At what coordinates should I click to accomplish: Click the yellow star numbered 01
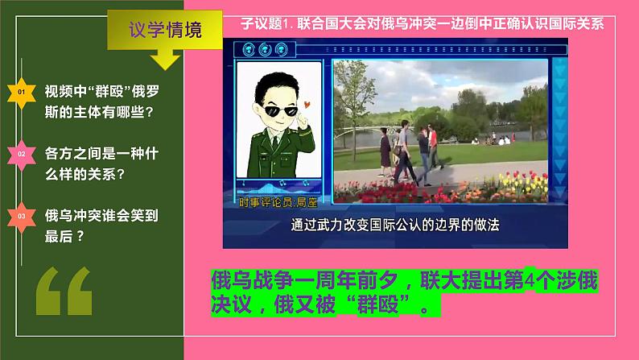(x=22, y=93)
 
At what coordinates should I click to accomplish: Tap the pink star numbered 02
(x=22, y=155)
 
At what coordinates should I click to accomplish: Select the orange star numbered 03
(x=22, y=217)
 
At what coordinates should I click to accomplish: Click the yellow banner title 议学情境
(x=165, y=30)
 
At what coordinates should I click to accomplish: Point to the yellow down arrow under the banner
(x=165, y=59)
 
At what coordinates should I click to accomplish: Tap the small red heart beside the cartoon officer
(x=307, y=105)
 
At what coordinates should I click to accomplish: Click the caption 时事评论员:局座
(x=278, y=202)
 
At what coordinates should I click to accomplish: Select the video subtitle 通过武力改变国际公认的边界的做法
(x=395, y=225)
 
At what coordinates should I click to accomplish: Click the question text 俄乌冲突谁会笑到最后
(x=101, y=226)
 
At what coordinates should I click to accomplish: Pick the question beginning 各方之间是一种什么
(x=101, y=164)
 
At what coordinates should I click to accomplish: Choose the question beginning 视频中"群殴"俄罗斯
(x=101, y=101)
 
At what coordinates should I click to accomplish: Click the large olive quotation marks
(x=64, y=291)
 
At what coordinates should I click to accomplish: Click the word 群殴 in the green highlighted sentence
(x=377, y=304)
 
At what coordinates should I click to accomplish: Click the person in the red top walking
(x=434, y=147)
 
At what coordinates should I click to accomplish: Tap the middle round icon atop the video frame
(x=265, y=49)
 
